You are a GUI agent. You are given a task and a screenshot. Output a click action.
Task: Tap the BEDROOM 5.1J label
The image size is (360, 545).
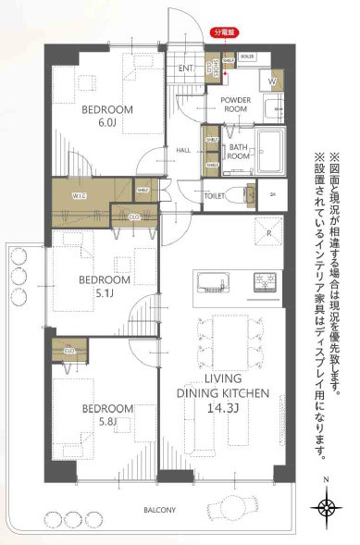(104, 285)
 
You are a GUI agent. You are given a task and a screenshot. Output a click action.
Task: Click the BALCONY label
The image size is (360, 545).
(160, 510)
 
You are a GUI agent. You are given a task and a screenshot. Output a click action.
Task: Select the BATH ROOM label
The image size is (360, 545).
(239, 153)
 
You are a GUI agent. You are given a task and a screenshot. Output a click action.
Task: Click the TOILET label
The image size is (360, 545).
(215, 196)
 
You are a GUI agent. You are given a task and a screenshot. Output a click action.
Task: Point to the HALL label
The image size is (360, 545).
(183, 150)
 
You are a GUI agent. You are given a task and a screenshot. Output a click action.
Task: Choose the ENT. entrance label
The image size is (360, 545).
(184, 68)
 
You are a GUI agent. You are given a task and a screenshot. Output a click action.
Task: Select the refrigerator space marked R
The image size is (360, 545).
(268, 231)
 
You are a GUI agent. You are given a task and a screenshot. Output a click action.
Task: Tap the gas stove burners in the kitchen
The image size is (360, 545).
(266, 280)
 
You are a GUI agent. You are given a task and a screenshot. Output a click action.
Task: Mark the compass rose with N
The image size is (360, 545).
(326, 504)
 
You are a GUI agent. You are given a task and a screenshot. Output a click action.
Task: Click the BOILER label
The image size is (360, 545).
(247, 56)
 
